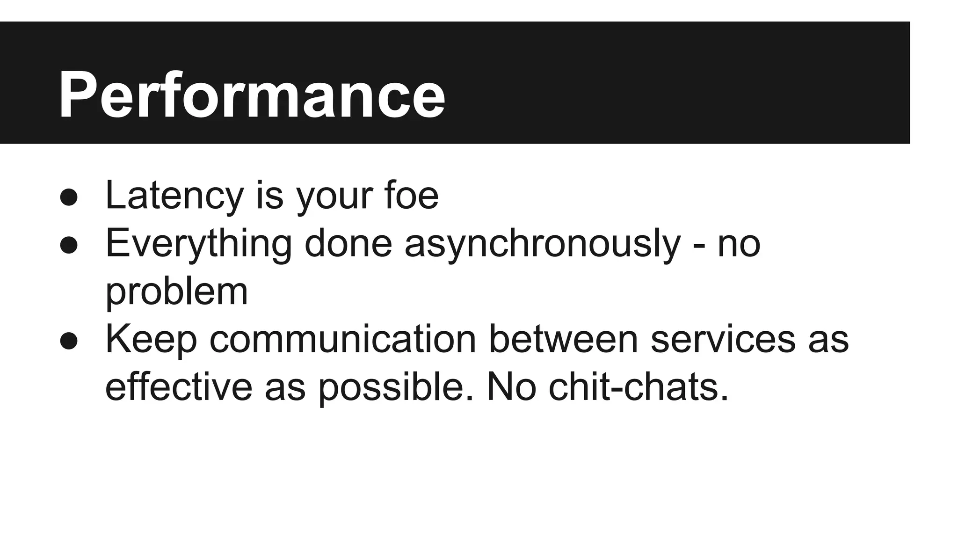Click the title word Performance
point(252,95)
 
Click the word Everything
point(199,243)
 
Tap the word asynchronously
point(543,243)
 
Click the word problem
point(176,292)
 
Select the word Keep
point(151,340)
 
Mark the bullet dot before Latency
point(69,197)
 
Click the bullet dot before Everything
point(69,245)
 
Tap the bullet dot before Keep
point(69,341)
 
